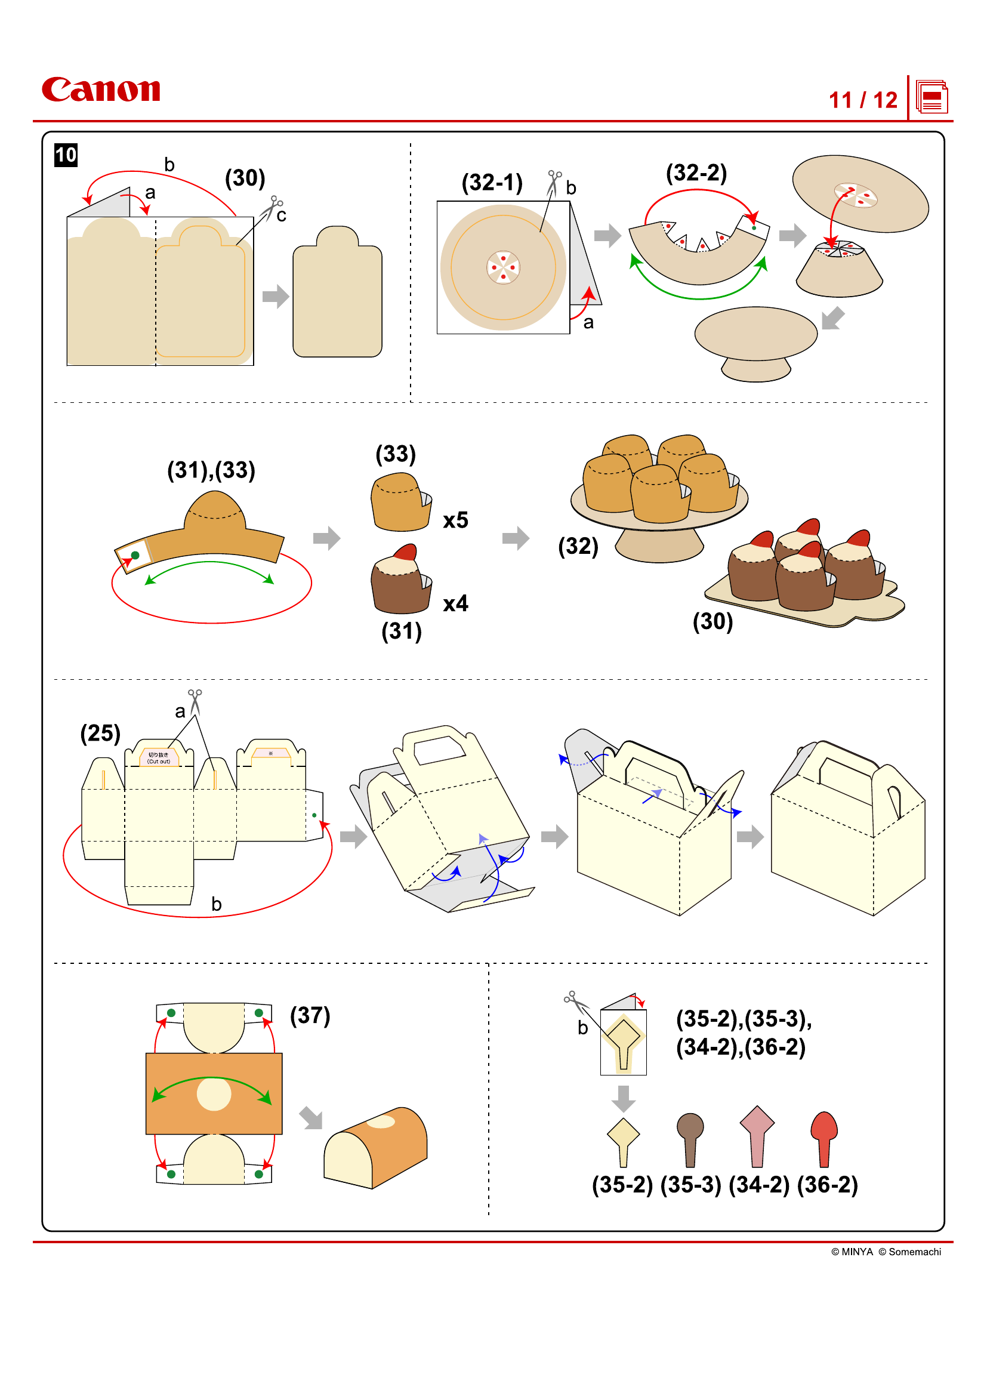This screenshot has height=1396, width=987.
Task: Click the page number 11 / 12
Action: [862, 100]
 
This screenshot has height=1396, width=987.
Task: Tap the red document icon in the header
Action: [932, 97]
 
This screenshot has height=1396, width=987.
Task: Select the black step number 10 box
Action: [66, 155]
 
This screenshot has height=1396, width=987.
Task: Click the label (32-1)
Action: [492, 183]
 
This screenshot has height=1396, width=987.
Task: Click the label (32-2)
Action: [696, 172]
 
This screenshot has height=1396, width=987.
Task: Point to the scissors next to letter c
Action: [270, 208]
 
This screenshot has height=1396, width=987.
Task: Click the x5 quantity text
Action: [455, 520]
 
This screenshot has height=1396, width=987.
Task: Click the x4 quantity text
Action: [455, 604]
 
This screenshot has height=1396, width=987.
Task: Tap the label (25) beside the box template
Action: [100, 734]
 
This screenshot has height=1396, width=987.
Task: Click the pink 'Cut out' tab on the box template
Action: [159, 757]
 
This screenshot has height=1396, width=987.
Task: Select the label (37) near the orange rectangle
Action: [310, 1015]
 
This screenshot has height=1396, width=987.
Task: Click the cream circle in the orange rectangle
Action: [214, 1094]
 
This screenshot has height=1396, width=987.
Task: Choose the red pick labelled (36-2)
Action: [824, 1137]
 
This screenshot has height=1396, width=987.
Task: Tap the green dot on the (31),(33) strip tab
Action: [135, 555]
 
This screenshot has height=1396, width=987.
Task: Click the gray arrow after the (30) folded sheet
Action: [275, 297]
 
